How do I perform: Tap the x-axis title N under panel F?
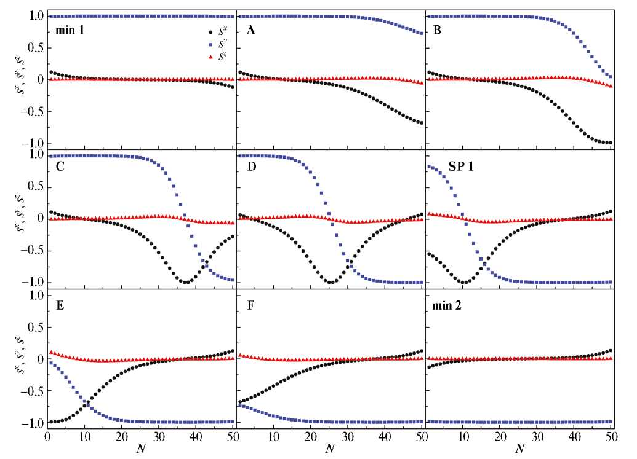[330, 449]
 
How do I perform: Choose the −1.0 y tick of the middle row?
[30, 283]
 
